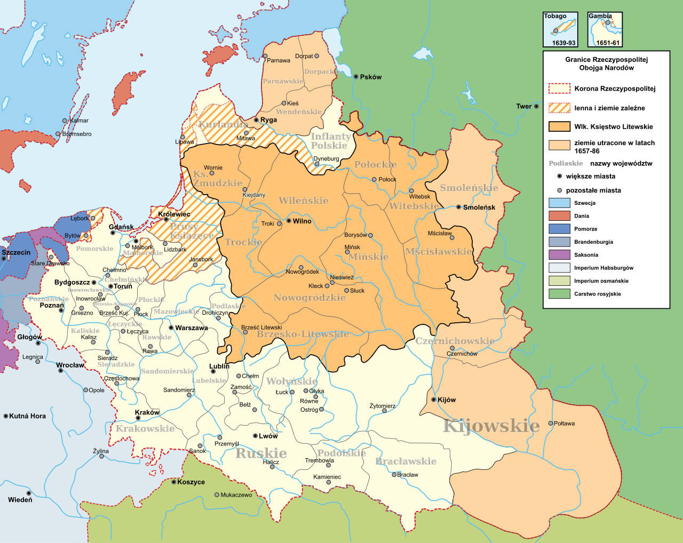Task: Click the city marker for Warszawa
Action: [x=171, y=328]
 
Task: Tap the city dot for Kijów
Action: [x=433, y=400]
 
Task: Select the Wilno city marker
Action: [x=289, y=221]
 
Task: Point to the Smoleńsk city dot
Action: [x=459, y=207]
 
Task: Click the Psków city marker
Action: [x=356, y=77]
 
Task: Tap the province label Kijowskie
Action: [x=491, y=426]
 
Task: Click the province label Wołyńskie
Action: [x=292, y=381]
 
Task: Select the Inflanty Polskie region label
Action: [x=331, y=141]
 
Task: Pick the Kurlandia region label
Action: [x=223, y=124]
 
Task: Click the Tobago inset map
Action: [x=560, y=29]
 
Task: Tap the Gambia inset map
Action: [x=605, y=29]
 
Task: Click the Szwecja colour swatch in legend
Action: [x=559, y=203]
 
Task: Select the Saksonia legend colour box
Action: [x=559, y=255]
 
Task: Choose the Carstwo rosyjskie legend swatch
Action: [x=559, y=294]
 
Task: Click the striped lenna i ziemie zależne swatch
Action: [x=559, y=108]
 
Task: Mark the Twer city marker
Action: [x=536, y=106]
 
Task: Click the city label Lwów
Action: [x=268, y=436]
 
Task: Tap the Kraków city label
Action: [x=147, y=412]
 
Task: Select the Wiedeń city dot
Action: [x=29, y=493]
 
